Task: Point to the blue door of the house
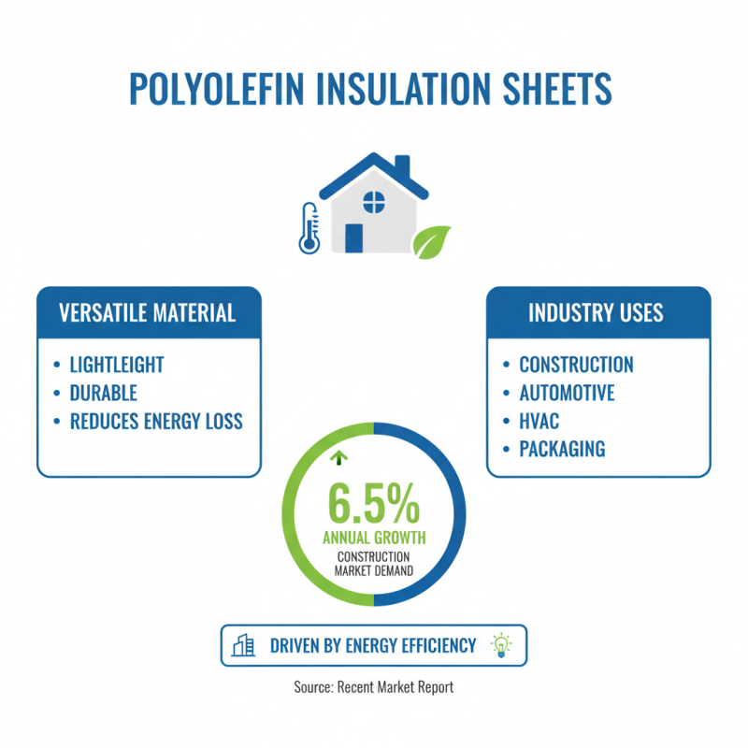pos(353,237)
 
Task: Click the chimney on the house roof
pos(402,169)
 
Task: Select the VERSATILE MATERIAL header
pos(148,312)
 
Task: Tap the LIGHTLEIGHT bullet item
pos(117,365)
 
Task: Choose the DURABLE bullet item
pos(103,393)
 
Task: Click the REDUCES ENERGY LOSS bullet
pos(156,421)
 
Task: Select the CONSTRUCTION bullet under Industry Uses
pos(576,365)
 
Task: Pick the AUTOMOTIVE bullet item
pos(567,393)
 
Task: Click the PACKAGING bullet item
pos(562,449)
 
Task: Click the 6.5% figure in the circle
pos(374,505)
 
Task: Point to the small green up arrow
pos(338,458)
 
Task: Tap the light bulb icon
pos(502,645)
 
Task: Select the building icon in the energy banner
pos(244,645)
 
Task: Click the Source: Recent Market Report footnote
pos(374,687)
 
